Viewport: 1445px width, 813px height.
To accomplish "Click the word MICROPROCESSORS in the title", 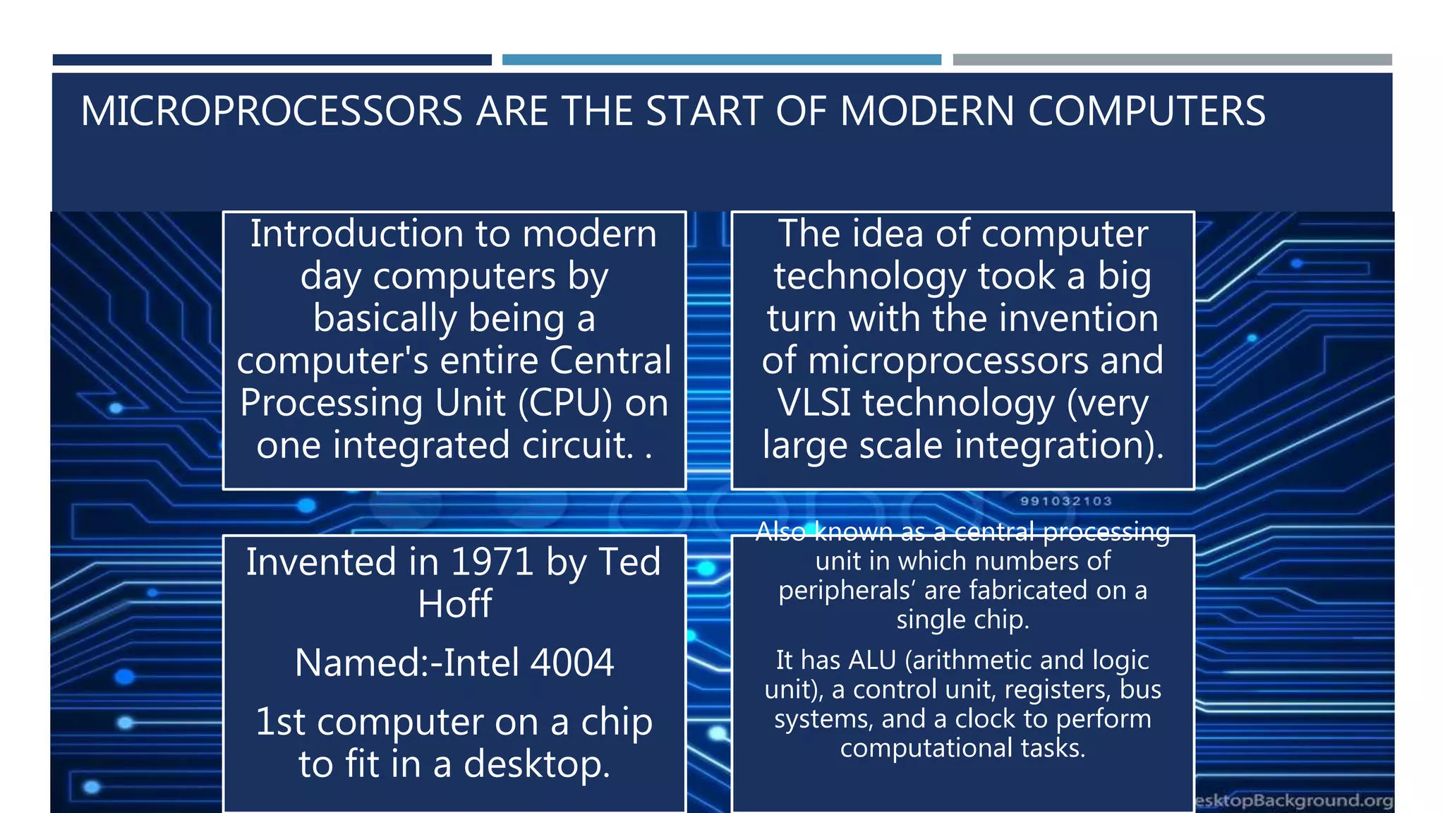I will pyautogui.click(x=272, y=112).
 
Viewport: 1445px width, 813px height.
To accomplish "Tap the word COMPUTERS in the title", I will pyautogui.click(x=1147, y=112).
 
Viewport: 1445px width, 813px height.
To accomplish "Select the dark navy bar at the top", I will pyautogui.click(x=272, y=60).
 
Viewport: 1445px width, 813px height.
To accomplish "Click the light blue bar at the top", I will pyautogui.click(x=721, y=60).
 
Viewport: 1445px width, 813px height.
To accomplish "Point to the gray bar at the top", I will pyautogui.click(x=1172, y=60).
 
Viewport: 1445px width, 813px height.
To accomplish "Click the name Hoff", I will pyautogui.click(x=454, y=605).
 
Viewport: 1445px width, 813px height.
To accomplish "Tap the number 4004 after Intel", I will pyautogui.click(x=572, y=663).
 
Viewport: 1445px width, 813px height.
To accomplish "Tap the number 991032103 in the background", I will pyautogui.click(x=1065, y=501).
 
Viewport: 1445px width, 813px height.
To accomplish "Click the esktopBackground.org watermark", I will pyautogui.click(x=1294, y=800).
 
